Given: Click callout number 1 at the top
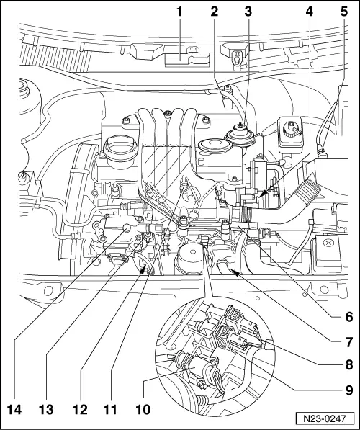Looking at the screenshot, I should (181, 11).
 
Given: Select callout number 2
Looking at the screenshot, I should (215, 11).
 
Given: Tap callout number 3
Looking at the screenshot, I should (247, 11).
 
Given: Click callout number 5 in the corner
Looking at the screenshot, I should (343, 11).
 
